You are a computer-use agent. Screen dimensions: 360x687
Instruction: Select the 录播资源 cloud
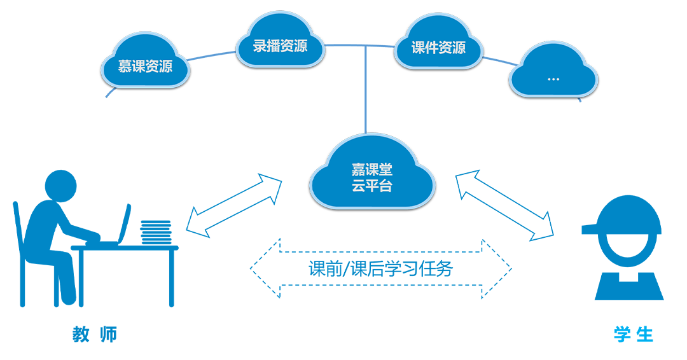pyautogui.click(x=280, y=46)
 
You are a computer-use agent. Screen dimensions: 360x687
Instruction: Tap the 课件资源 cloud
pyautogui.click(x=438, y=47)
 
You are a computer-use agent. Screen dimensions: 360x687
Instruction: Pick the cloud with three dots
pyautogui.click(x=553, y=76)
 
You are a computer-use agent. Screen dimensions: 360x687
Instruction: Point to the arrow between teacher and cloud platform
pyautogui.click(x=233, y=207)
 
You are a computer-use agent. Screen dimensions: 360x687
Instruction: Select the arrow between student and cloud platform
pyautogui.click(x=505, y=206)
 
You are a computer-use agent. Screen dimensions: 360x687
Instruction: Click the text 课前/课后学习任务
pyautogui.click(x=380, y=269)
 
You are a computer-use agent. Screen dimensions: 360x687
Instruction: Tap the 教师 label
pyautogui.click(x=95, y=335)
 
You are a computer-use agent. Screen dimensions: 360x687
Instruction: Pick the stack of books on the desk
pyautogui.click(x=156, y=233)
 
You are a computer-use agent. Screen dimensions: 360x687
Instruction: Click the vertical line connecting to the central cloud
pyautogui.click(x=366, y=89)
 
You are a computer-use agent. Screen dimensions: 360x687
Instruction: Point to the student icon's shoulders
pyautogui.click(x=628, y=286)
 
